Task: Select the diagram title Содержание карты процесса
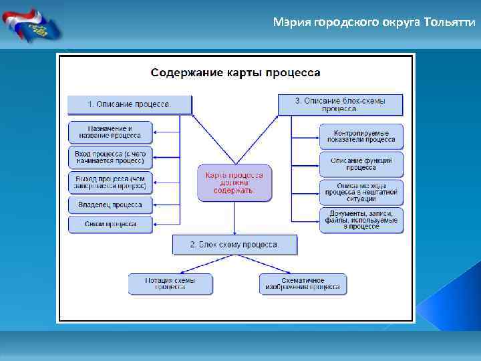pyautogui.click(x=235, y=72)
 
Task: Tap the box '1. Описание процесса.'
pyautogui.click(x=130, y=104)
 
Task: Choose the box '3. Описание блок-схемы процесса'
pyautogui.click(x=340, y=104)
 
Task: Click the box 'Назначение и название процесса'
pyautogui.click(x=110, y=132)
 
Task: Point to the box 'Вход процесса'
pyautogui.click(x=110, y=157)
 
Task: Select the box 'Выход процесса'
pyautogui.click(x=110, y=182)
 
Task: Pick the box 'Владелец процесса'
pyautogui.click(x=110, y=205)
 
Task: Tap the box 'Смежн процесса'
pyautogui.click(x=110, y=224)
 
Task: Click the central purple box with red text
pyautogui.click(x=234, y=183)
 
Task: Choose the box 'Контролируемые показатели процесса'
pyautogui.click(x=361, y=136)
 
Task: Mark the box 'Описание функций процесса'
pyautogui.click(x=361, y=164)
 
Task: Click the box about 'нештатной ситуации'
pyautogui.click(x=361, y=192)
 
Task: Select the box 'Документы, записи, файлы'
pyautogui.click(x=361, y=220)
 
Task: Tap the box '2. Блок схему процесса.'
pyautogui.click(x=234, y=245)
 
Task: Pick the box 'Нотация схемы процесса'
pyautogui.click(x=170, y=284)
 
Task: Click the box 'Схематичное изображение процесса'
pyautogui.click(x=303, y=284)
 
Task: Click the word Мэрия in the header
pyautogui.click(x=288, y=22)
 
